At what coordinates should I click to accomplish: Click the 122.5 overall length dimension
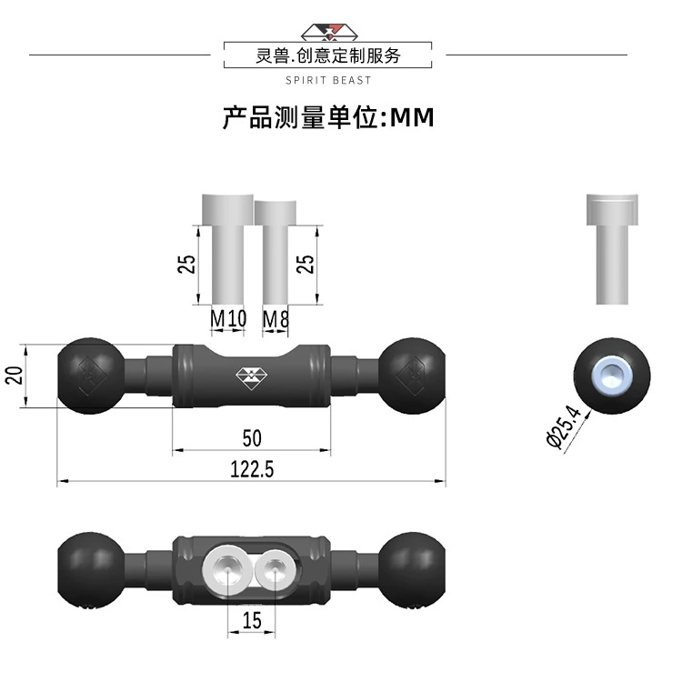click(252, 470)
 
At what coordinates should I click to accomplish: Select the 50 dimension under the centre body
click(252, 438)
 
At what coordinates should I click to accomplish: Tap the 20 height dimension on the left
click(15, 376)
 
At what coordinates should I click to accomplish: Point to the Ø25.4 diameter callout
click(563, 426)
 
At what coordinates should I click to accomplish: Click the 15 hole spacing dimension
click(252, 621)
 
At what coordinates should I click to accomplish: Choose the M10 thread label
click(228, 318)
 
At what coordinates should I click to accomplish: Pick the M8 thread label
click(276, 319)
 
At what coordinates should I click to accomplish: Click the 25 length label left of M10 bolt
click(186, 264)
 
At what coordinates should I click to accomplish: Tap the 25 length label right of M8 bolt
click(305, 264)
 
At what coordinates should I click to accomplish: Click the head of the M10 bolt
click(228, 210)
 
